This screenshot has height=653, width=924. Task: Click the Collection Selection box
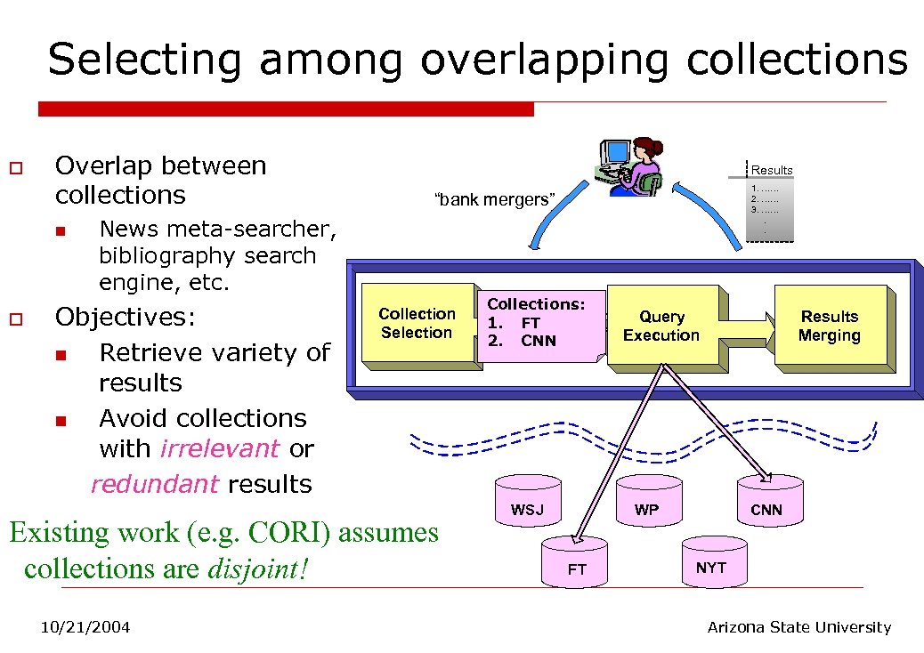pyautogui.click(x=417, y=324)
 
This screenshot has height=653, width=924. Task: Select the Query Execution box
pyautogui.click(x=661, y=326)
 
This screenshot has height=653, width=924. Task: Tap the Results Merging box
pyautogui.click(x=830, y=326)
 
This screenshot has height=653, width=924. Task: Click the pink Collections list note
pyautogui.click(x=539, y=324)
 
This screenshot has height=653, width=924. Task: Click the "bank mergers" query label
pyautogui.click(x=493, y=199)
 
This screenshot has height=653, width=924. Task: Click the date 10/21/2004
pyautogui.click(x=85, y=628)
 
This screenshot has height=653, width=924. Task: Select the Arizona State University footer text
pyautogui.click(x=798, y=627)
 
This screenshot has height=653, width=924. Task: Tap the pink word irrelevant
pyautogui.click(x=220, y=449)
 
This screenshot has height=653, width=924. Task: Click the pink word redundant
pyautogui.click(x=155, y=484)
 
